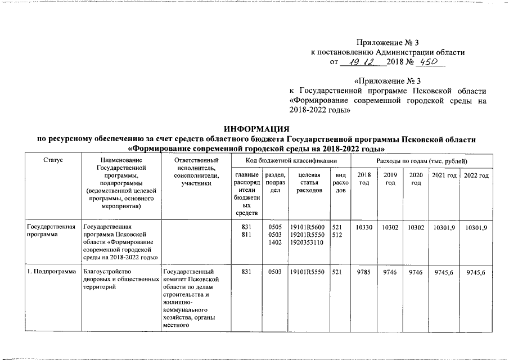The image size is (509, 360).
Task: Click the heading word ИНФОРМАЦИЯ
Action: tap(256, 129)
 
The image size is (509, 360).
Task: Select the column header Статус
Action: tap(52, 161)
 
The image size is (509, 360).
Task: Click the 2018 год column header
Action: tap(364, 180)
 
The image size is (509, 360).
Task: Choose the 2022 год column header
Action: tap(476, 176)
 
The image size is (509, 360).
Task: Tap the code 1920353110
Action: tap(307, 242)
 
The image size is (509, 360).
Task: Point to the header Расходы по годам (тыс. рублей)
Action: tap(421, 161)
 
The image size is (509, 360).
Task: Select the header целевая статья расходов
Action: tap(307, 183)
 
